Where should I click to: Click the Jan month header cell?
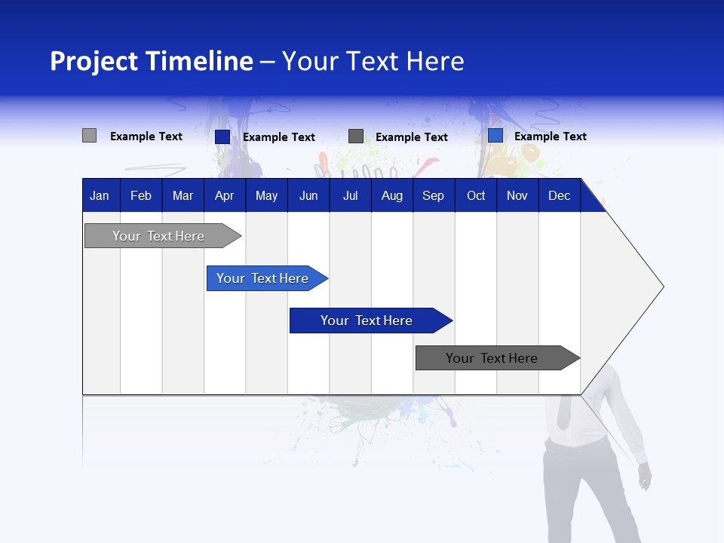point(100,195)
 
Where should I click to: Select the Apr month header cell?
point(225,195)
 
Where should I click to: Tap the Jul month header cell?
point(350,195)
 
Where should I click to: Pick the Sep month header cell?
point(434,195)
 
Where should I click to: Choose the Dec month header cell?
point(559,195)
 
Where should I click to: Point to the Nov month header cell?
point(517,195)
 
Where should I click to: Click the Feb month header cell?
point(141,195)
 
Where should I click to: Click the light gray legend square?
point(89,136)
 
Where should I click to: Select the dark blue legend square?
point(222,137)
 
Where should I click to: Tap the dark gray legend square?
point(356,137)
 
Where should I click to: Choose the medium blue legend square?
point(495,136)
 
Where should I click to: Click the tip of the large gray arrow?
point(662,287)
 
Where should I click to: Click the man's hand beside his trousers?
point(645,477)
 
